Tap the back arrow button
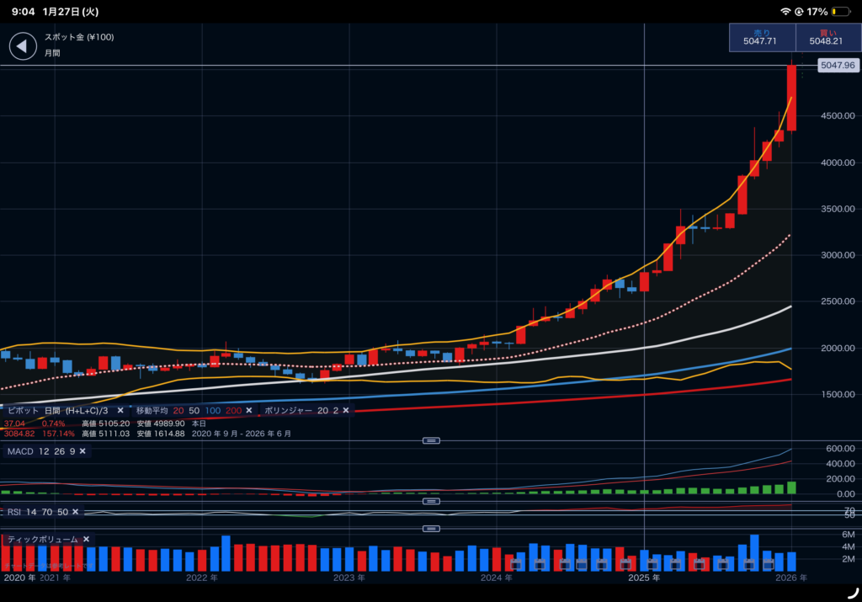23,45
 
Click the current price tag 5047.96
837,65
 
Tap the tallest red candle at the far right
791,98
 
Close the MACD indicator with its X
82,451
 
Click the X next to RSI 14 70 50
75,512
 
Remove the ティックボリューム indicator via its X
86,539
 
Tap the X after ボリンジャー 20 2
345,410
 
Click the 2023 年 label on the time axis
349,578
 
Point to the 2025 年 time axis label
644,578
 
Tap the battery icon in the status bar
839,12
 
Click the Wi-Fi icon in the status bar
785,12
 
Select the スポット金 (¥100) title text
79,37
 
